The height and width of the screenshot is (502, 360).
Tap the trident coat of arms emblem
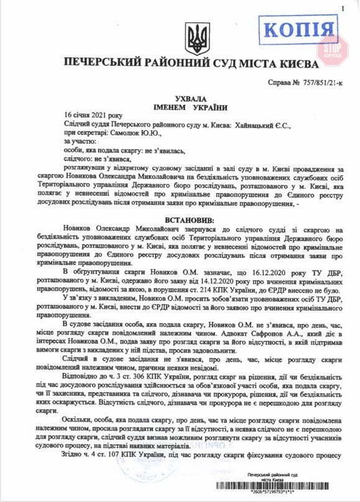coord(198,39)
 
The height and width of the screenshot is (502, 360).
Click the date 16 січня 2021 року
coord(93,116)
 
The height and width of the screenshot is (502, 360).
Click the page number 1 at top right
coord(342,7)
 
